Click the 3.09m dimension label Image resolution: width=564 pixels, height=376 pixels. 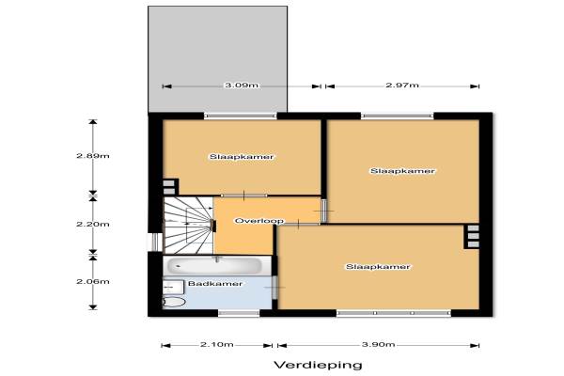coord(242,86)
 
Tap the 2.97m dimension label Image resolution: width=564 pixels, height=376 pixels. coord(402,86)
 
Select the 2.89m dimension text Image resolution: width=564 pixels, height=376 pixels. coord(93,156)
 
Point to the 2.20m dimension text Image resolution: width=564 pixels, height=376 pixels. coord(93,224)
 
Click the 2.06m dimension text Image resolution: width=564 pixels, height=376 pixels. coord(93,281)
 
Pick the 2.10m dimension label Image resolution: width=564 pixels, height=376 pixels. coord(217,345)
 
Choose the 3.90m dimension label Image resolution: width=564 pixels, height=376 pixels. coord(379,345)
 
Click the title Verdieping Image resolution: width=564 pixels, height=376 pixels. coord(318,366)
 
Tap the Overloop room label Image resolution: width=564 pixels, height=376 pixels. coord(259,221)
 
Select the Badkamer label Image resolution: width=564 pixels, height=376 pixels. coord(215,284)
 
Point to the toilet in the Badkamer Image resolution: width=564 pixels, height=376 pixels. coord(174,302)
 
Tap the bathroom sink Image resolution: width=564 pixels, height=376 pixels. coord(173,287)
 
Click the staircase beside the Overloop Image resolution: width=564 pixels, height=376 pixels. coord(188,226)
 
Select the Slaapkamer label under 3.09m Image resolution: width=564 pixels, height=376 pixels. coord(242,157)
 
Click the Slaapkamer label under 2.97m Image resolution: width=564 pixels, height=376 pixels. coord(402,171)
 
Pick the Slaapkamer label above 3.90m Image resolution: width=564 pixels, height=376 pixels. coord(378,267)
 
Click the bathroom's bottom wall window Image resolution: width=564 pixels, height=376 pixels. coord(239,313)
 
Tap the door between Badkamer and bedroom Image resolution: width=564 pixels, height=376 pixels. coord(274,288)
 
